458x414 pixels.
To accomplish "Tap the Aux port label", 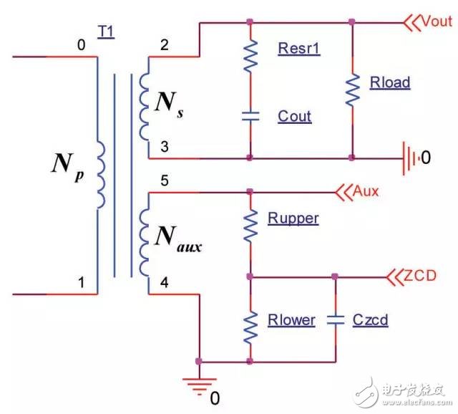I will (365, 191).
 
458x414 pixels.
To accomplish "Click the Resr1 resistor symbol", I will (250, 55).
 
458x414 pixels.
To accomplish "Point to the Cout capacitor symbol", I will (250, 116).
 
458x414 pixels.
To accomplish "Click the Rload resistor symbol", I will (351, 88).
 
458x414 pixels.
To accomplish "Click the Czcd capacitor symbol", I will (335, 319).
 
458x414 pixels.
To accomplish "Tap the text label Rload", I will (390, 82).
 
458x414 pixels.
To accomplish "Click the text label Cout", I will (294, 116).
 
